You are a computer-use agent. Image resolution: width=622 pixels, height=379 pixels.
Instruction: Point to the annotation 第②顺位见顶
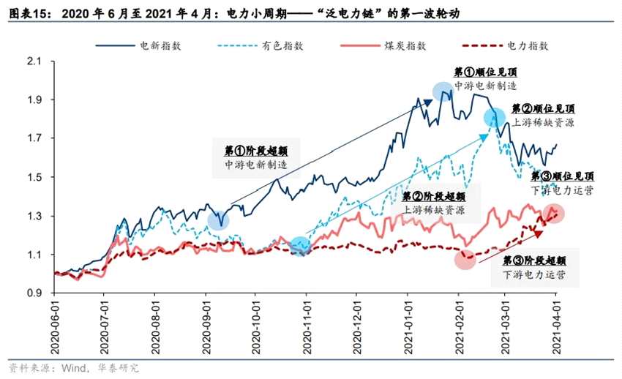pyautogui.click(x=543, y=108)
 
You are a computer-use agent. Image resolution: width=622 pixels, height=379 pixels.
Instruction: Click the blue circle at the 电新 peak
pyautogui.click(x=442, y=91)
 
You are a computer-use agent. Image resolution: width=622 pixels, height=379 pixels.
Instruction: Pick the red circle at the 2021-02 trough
pyautogui.click(x=465, y=260)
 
